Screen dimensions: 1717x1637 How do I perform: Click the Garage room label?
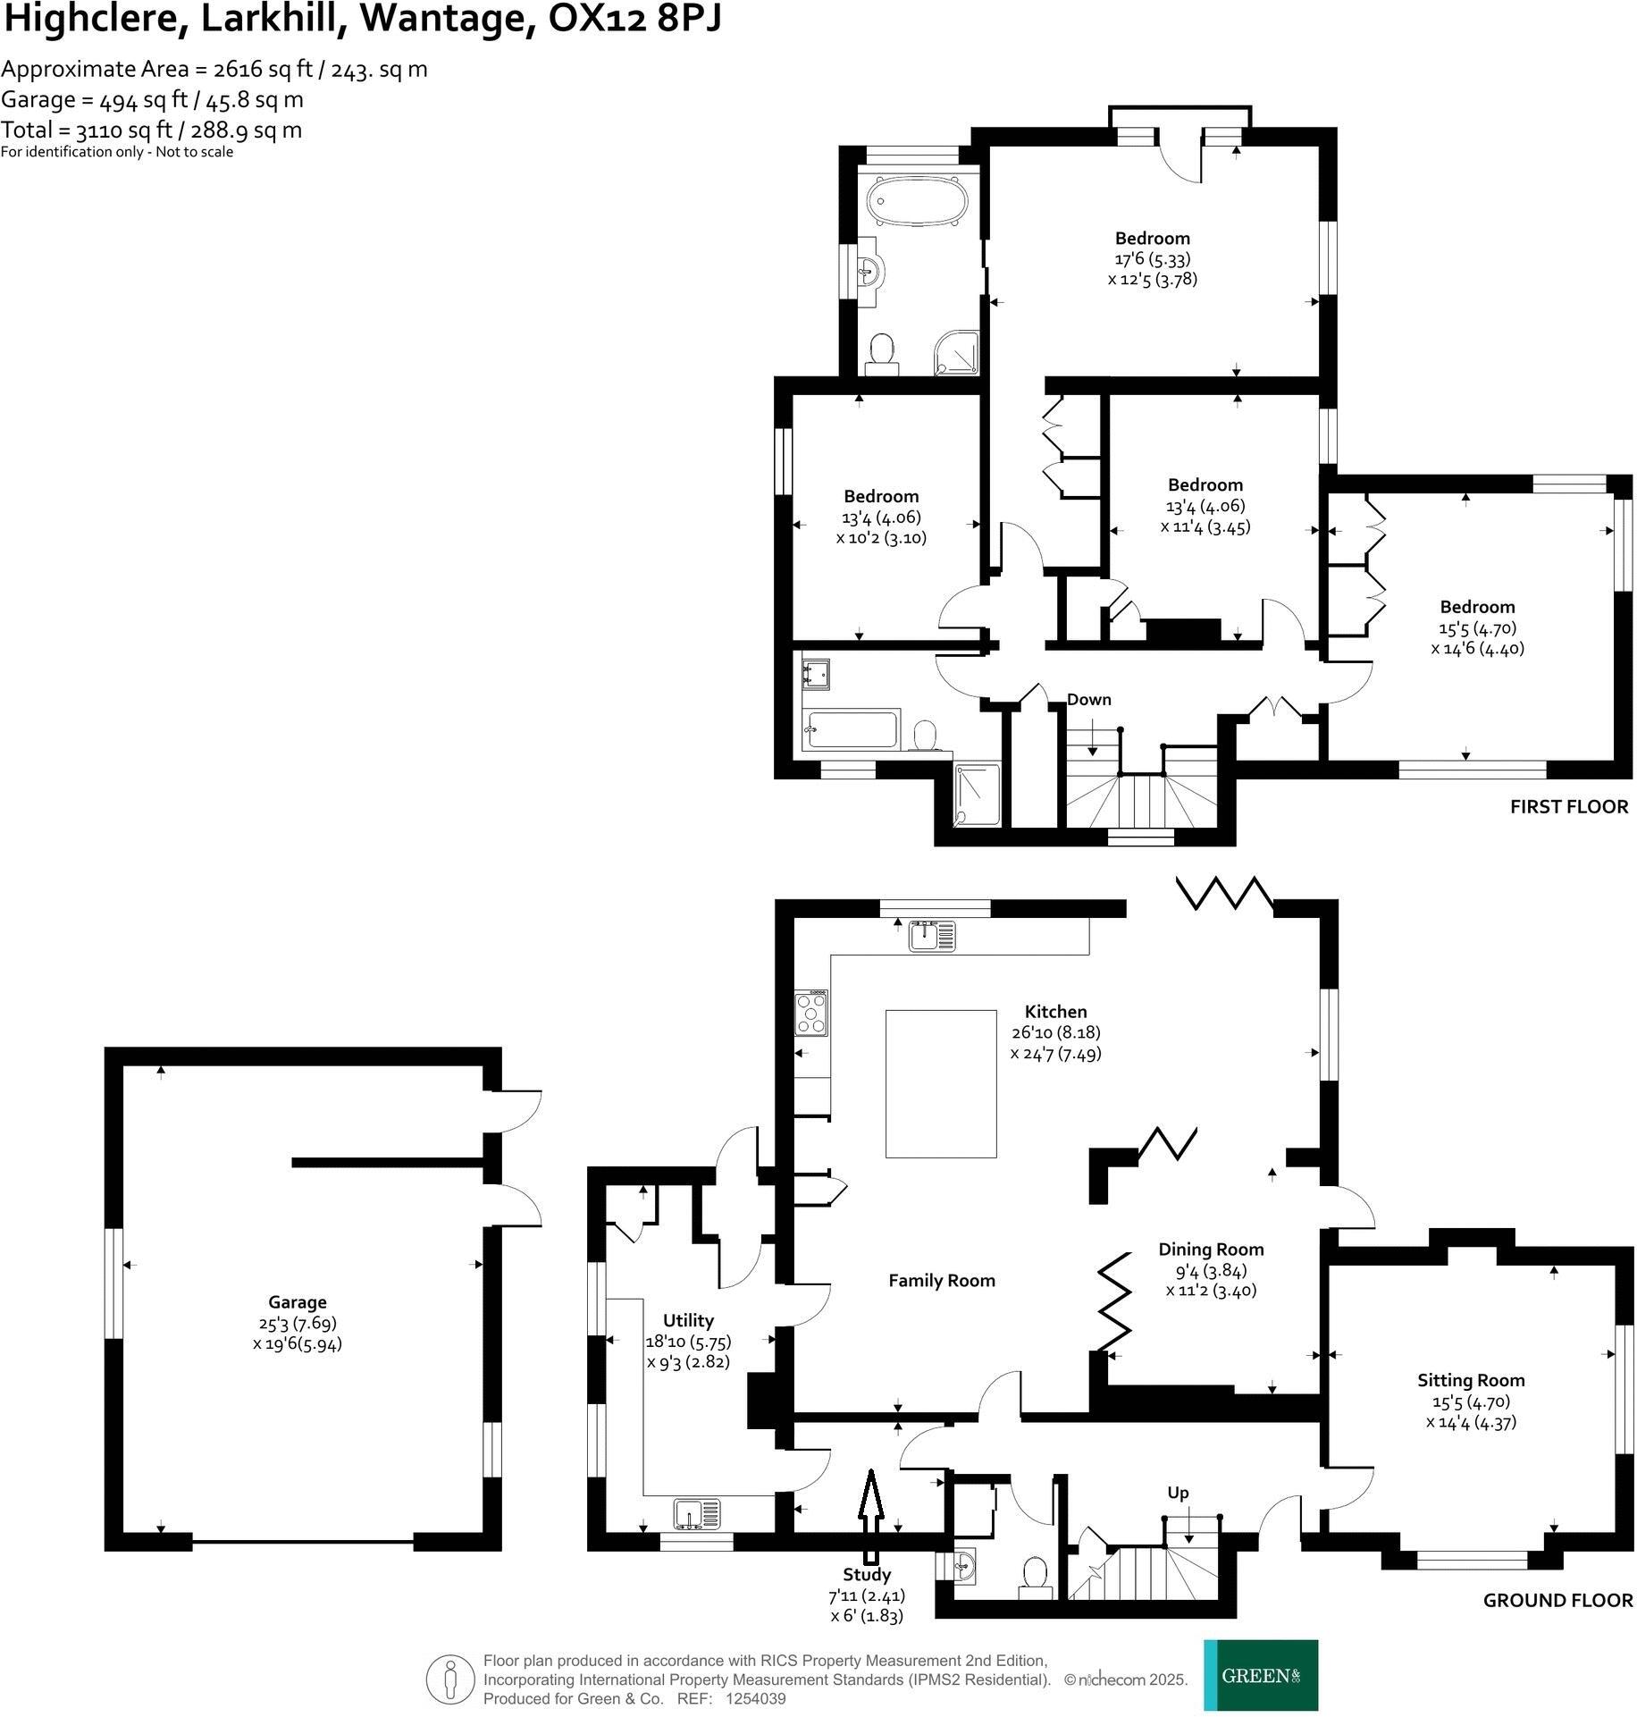click(x=297, y=1302)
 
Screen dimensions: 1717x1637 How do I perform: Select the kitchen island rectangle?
click(x=941, y=1083)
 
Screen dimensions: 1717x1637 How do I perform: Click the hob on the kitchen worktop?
click(x=812, y=1014)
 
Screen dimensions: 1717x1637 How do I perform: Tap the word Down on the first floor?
click(x=1089, y=700)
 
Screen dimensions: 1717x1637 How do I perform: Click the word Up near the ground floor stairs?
click(x=1178, y=1494)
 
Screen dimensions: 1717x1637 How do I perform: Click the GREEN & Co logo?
click(x=1260, y=1675)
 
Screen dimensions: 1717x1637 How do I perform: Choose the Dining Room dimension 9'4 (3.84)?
click(x=1211, y=1270)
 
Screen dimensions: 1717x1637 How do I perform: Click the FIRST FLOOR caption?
click(x=1569, y=807)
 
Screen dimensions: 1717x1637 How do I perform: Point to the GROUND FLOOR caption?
click(x=1557, y=1601)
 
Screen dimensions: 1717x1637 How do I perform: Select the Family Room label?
click(x=941, y=1281)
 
